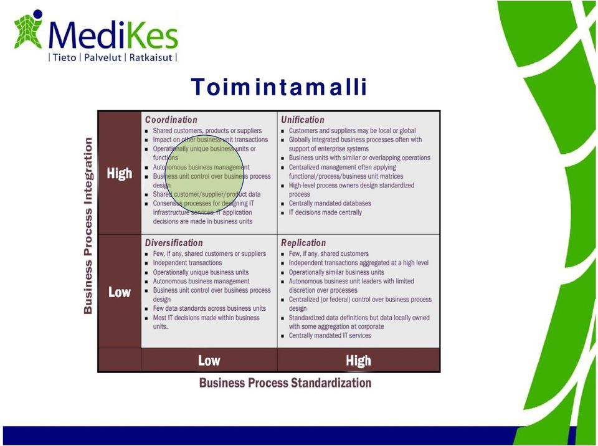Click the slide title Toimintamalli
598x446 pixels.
(279, 87)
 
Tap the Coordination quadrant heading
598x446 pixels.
(171, 120)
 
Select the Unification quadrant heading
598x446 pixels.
(303, 120)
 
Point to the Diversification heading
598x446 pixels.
(174, 243)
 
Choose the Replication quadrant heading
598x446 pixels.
(303, 243)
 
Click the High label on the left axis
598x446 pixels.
(120, 174)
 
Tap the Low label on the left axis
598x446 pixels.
(120, 292)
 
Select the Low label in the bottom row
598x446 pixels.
(209, 361)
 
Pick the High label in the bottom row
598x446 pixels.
(359, 361)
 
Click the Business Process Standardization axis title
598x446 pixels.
(285, 382)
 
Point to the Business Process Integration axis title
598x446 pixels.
(88, 226)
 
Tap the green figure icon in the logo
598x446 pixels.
(28, 30)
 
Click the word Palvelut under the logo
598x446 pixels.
(102, 57)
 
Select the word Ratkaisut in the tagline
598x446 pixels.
(151, 57)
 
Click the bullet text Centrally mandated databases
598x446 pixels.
(330, 203)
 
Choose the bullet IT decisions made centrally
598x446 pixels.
(325, 212)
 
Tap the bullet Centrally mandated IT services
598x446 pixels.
(330, 336)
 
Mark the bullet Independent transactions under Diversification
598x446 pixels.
(187, 263)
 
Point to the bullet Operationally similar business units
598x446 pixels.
(336, 272)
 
